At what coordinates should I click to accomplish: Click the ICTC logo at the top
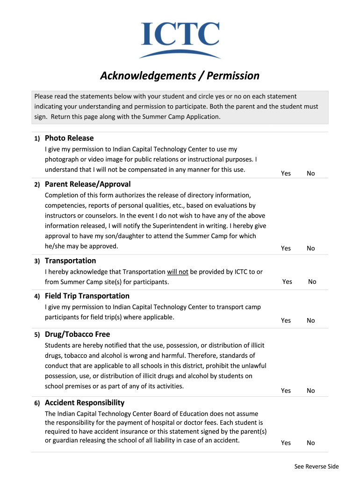pos(180,39)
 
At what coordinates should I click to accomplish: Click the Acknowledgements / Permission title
pos(180,75)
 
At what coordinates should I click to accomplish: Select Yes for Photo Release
pos(286,174)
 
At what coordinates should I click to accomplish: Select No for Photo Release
pos(311,174)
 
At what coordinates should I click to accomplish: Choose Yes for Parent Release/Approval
pos(286,248)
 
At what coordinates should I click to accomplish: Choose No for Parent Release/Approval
pos(311,248)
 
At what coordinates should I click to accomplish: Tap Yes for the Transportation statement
pos(287,282)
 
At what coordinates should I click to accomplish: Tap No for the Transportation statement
pos(312,282)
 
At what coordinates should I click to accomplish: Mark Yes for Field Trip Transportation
pos(286,320)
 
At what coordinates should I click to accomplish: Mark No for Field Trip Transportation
pos(311,320)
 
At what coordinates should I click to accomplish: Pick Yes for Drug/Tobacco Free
pos(286,391)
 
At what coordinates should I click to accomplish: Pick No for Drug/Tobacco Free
pos(311,391)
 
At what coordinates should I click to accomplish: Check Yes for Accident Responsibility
pos(286,443)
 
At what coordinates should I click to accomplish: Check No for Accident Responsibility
pos(311,443)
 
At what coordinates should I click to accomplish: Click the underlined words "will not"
pos(178,272)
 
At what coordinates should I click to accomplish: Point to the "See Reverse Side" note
pos(317,466)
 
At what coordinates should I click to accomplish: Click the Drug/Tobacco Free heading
pos(78,334)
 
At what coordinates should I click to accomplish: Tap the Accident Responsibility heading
pos(85,403)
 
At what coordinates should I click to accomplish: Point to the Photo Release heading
pos(69,138)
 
